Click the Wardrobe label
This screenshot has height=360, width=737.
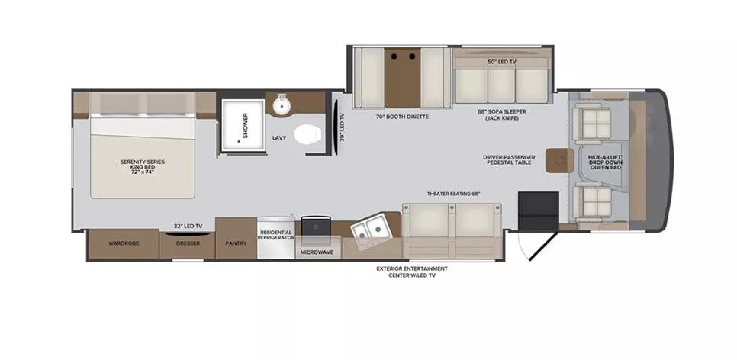tap(122, 245)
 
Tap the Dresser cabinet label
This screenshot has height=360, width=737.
tap(187, 245)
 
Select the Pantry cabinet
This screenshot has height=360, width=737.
tap(235, 244)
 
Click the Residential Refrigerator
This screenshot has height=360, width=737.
tap(276, 235)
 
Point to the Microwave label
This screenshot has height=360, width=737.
tap(317, 251)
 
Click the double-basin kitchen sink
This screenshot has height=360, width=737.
tap(372, 227)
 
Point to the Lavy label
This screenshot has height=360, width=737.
tap(279, 138)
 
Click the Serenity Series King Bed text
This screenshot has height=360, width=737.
tap(143, 166)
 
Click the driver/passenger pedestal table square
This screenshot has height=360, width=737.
tap(562, 159)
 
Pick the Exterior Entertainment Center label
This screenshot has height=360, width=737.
tap(412, 272)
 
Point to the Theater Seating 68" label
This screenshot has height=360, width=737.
tap(453, 194)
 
